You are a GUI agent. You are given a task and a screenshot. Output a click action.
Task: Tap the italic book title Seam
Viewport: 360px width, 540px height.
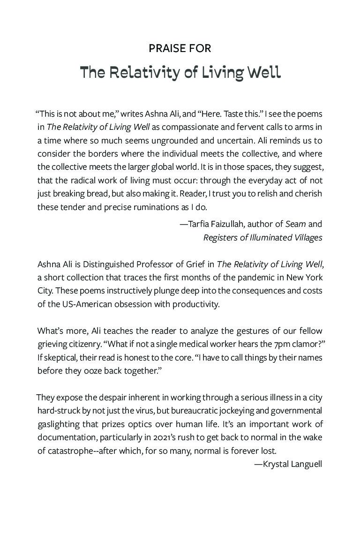click(295, 224)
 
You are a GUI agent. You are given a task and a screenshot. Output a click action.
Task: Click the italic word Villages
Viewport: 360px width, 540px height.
click(305, 238)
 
